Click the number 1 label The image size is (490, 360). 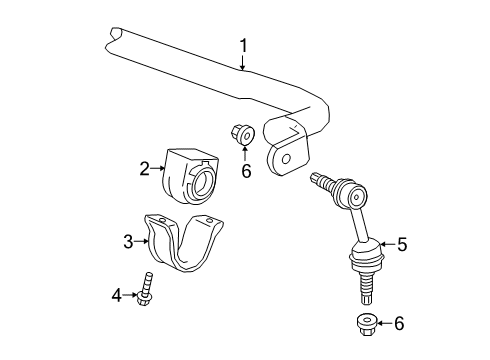242,44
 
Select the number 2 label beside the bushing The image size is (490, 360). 144,169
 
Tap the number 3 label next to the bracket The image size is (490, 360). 128,240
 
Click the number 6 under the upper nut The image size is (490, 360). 244,171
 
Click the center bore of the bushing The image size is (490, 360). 200,182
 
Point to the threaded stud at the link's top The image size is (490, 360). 320,182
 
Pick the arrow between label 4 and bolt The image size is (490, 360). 134,294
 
